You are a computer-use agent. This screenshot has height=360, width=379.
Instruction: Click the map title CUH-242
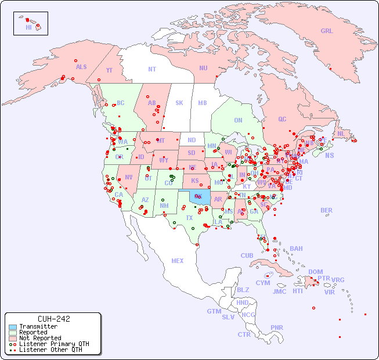(53, 319)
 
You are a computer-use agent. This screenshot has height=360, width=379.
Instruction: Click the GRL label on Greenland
(327, 31)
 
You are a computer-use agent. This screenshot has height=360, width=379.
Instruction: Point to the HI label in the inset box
(28, 27)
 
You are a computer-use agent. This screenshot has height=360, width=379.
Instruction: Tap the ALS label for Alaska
(81, 67)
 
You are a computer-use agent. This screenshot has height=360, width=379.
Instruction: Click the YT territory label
(109, 70)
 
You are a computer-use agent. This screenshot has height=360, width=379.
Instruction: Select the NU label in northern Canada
(203, 68)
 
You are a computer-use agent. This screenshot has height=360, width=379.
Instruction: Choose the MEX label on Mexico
(178, 261)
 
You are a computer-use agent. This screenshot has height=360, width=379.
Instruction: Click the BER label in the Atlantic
(326, 210)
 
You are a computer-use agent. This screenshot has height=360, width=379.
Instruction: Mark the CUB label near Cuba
(247, 255)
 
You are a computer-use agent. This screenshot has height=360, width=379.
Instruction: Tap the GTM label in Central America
(214, 311)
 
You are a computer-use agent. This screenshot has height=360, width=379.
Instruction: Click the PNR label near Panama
(277, 327)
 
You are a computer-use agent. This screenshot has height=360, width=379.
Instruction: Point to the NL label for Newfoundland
(341, 134)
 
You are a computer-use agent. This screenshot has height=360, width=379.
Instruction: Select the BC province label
(120, 103)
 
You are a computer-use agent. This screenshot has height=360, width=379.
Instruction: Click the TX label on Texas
(189, 218)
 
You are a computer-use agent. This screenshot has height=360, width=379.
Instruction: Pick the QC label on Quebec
(282, 119)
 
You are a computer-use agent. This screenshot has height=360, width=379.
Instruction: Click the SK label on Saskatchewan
(179, 103)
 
